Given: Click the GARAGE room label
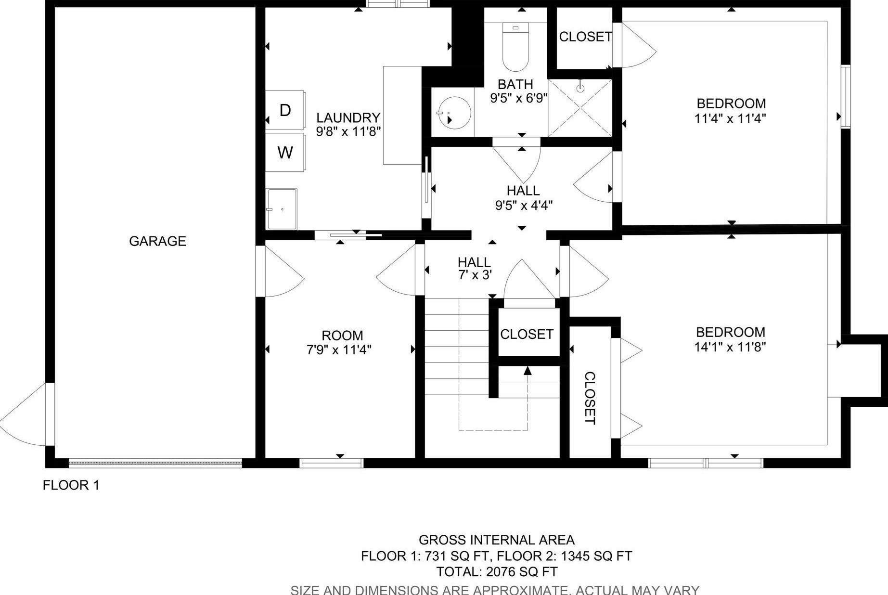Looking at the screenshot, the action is click(x=157, y=241).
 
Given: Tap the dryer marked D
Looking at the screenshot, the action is click(x=285, y=110).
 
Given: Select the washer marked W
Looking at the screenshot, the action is click(x=285, y=152).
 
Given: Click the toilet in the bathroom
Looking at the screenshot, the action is click(x=515, y=47).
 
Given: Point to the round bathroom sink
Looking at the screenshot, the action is click(x=454, y=112).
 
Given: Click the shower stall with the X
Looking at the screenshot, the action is click(x=580, y=108).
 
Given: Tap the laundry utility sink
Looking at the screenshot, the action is click(x=282, y=209).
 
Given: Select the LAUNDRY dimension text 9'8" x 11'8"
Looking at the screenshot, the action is click(x=348, y=131).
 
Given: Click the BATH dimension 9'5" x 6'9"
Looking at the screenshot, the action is click(x=519, y=98).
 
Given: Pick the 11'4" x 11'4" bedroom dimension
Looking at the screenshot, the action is click(x=730, y=118).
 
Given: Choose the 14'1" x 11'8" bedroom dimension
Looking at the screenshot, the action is click(x=730, y=347).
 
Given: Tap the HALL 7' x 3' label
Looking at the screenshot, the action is click(x=475, y=269).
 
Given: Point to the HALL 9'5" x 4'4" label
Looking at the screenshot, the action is click(x=524, y=198).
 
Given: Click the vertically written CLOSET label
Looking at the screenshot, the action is click(x=590, y=398).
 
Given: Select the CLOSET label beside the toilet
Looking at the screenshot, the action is click(x=585, y=37).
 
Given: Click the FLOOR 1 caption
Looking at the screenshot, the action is click(x=71, y=485).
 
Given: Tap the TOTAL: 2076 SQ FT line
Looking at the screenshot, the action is click(x=497, y=572).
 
